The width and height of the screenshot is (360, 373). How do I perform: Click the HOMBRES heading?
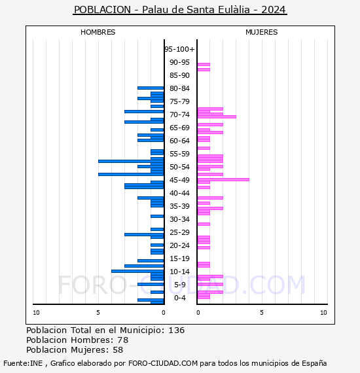tap(98, 32)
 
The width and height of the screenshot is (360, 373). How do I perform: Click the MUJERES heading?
tap(262, 32)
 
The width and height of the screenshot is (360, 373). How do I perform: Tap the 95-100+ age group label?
tap(179, 49)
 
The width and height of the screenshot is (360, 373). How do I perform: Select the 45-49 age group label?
tap(179, 180)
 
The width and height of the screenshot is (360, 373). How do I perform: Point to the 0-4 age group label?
tap(180, 298)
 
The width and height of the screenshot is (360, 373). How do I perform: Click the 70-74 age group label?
tap(179, 115)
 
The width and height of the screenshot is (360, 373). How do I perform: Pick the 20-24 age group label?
tap(179, 245)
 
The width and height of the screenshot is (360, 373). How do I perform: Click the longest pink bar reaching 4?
tap(223, 179)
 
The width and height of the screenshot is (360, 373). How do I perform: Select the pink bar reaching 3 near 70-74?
tap(217, 116)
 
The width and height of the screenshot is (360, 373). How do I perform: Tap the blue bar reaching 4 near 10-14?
tap(137, 271)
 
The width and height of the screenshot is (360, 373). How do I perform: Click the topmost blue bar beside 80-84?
tap(151, 88)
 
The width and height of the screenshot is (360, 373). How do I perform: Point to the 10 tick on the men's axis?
tap(36, 313)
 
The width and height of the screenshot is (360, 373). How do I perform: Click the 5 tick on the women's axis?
tap(262, 313)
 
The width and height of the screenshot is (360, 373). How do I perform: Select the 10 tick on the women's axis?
tap(323, 313)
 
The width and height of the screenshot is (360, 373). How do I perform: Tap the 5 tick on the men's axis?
tap(98, 313)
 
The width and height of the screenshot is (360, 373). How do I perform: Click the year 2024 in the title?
tap(274, 10)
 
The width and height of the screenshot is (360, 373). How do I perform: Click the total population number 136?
tap(177, 330)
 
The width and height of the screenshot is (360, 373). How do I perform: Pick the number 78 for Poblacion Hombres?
tap(123, 340)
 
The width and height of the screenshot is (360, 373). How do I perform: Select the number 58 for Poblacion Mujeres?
tap(118, 350)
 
